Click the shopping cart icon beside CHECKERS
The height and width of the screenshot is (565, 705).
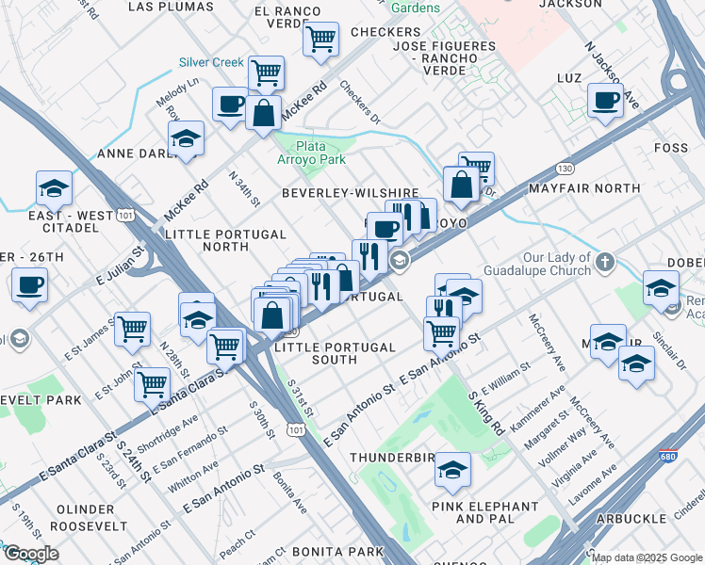click(321, 40)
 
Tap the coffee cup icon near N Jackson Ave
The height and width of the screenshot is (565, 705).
click(605, 100)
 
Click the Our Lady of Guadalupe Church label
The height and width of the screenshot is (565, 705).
click(545, 263)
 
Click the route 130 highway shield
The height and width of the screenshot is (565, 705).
click(564, 168)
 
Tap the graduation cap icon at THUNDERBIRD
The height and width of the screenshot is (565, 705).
click(453, 469)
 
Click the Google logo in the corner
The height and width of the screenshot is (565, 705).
click(30, 554)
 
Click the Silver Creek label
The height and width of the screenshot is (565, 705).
click(211, 62)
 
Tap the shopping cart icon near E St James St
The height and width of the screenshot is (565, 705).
click(132, 329)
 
